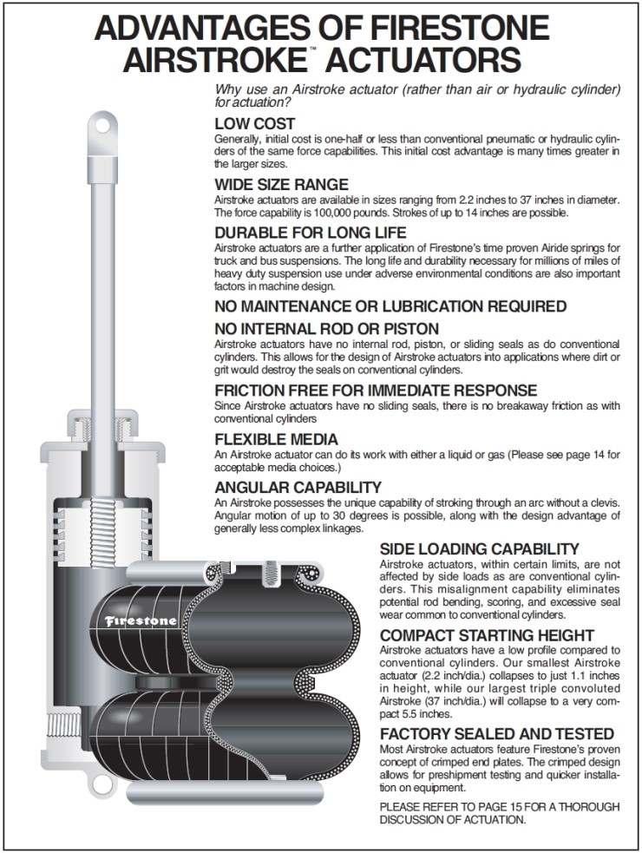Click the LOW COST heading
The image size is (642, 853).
pos(255,123)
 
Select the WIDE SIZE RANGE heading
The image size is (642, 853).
pos(281,184)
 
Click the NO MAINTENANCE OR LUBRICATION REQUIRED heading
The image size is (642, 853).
pos(390,306)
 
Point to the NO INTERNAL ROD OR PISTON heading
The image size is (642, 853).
pos(338,329)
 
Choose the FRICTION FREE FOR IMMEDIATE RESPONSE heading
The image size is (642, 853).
pos(376,390)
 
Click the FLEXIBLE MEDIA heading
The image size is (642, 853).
pos(276,440)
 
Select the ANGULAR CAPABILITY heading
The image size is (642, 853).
pos(298,487)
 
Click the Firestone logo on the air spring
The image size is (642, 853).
pos(141,620)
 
